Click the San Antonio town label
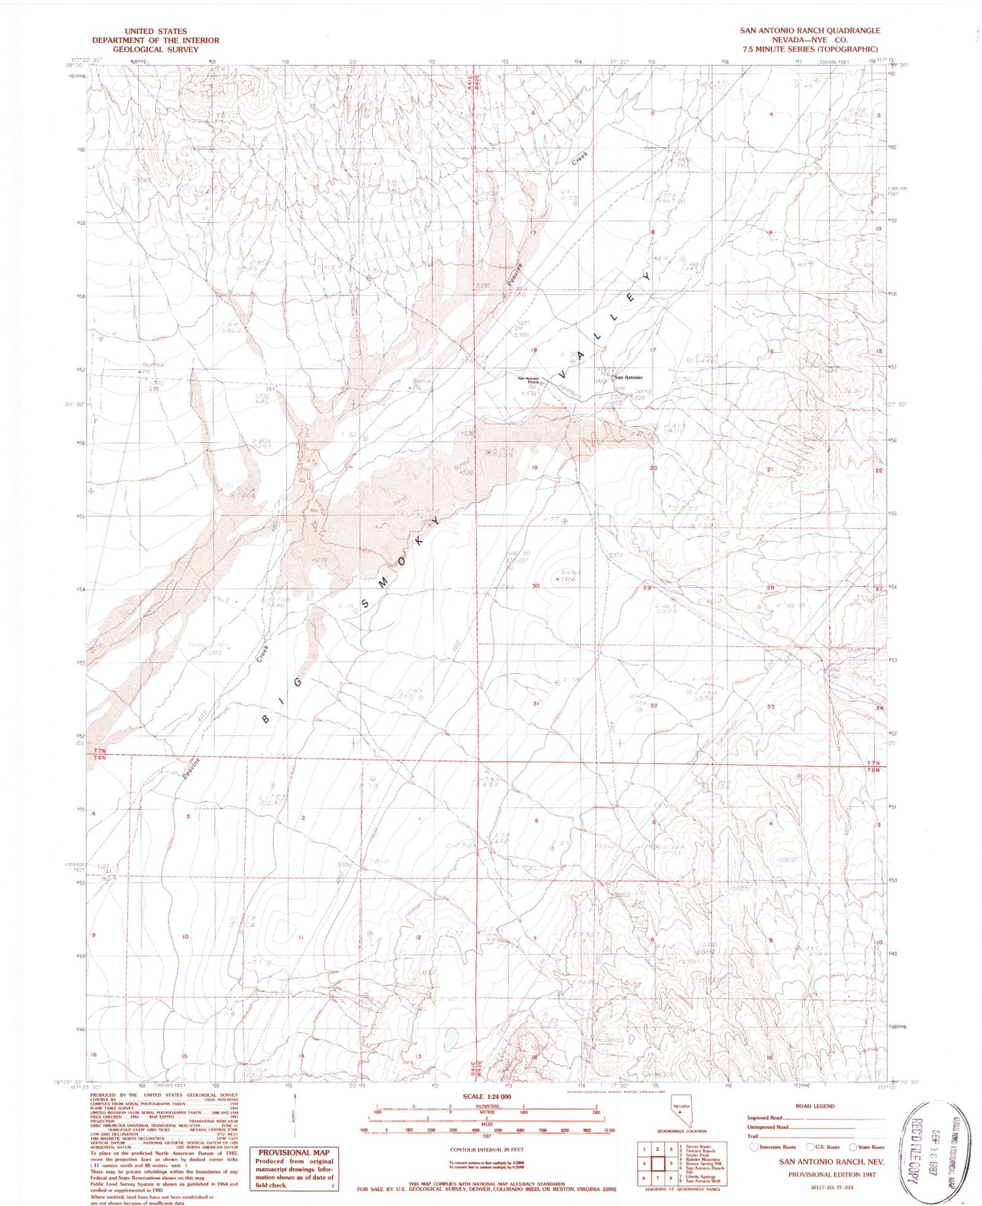pos(627,378)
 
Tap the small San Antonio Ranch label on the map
pos(528,379)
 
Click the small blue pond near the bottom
pos(449,1039)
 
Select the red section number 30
pos(536,586)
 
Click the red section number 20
pos(653,468)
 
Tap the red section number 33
pos(771,707)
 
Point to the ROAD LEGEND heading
pos(814,1106)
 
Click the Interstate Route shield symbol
pos(754,1146)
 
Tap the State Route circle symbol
pos(852,1146)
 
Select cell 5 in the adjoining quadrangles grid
pos(669,1164)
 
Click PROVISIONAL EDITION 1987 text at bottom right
pos(831,1174)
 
